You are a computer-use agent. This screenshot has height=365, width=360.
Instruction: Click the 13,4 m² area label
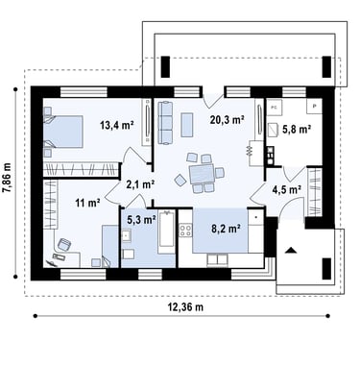[117, 125]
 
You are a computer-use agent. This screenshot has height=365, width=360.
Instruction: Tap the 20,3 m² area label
[228, 120]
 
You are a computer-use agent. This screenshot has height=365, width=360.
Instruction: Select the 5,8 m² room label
[297, 130]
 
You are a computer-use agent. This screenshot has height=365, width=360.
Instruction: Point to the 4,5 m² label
[286, 190]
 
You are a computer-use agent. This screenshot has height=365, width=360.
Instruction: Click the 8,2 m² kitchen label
[226, 229]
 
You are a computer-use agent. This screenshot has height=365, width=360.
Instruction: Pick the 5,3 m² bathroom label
[141, 220]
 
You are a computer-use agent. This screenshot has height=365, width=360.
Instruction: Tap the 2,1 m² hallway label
[140, 184]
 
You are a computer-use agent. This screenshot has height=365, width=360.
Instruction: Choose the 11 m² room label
[87, 203]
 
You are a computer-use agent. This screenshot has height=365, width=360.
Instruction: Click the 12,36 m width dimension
[185, 307]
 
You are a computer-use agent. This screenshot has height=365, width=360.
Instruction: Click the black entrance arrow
[291, 250]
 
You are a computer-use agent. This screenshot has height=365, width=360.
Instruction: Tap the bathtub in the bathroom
[167, 232]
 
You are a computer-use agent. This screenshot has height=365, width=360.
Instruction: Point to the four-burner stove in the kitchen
[185, 231]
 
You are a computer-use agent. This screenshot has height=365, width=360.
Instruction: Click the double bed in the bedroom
[63, 132]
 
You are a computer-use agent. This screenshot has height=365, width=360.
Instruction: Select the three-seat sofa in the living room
[165, 123]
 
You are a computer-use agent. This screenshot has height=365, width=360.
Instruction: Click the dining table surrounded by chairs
[202, 173]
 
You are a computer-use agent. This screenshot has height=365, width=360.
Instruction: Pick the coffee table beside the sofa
[187, 125]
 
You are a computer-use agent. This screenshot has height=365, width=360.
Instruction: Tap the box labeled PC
[275, 108]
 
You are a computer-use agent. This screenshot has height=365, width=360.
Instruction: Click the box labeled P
[314, 106]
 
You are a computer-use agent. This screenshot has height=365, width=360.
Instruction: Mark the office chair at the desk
[64, 245]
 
